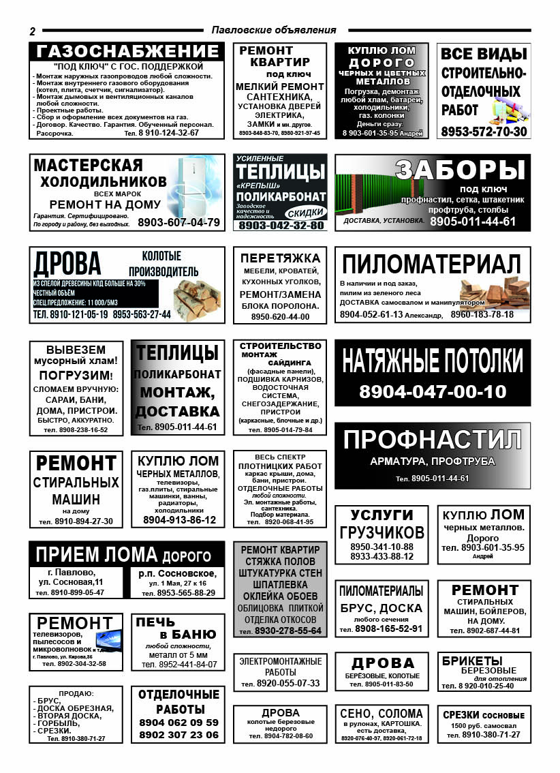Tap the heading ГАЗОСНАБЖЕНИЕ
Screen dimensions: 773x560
[x=127, y=52]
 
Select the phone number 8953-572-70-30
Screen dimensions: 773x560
[x=484, y=132]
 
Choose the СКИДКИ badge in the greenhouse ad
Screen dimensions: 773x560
[x=305, y=212]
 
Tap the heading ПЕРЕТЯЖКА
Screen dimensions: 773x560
[x=280, y=258]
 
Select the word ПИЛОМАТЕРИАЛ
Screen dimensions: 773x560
[x=431, y=264]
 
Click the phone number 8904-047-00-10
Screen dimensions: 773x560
[x=433, y=392]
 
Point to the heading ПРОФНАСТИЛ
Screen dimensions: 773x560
[x=433, y=440]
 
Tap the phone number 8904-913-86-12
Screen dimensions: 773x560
[x=179, y=520]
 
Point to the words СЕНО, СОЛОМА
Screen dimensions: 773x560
[x=382, y=714]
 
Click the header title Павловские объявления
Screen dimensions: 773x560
[x=274, y=30]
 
